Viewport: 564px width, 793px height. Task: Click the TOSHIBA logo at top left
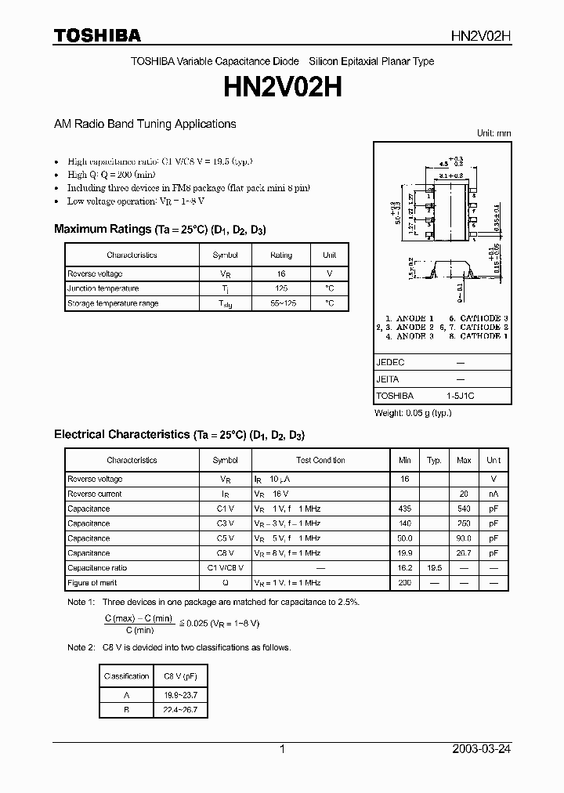96,35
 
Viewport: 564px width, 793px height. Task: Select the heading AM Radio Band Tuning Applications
144,124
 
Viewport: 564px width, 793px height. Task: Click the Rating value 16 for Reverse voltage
281,274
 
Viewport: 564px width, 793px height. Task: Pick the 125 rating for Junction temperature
281,288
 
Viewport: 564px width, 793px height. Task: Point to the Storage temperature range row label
113,303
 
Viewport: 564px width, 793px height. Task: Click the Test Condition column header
320,460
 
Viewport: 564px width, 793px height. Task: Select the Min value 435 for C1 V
405,509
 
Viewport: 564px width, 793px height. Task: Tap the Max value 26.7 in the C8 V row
464,553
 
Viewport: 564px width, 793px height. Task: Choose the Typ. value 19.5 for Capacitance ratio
434,568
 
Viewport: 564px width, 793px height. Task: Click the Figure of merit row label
92,583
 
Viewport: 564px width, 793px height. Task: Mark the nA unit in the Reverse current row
493,494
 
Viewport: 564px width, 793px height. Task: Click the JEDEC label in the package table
390,363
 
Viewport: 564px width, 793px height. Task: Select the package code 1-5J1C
460,396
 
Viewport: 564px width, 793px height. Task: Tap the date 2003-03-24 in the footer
481,749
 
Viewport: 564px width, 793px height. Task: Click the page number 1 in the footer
282,749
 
